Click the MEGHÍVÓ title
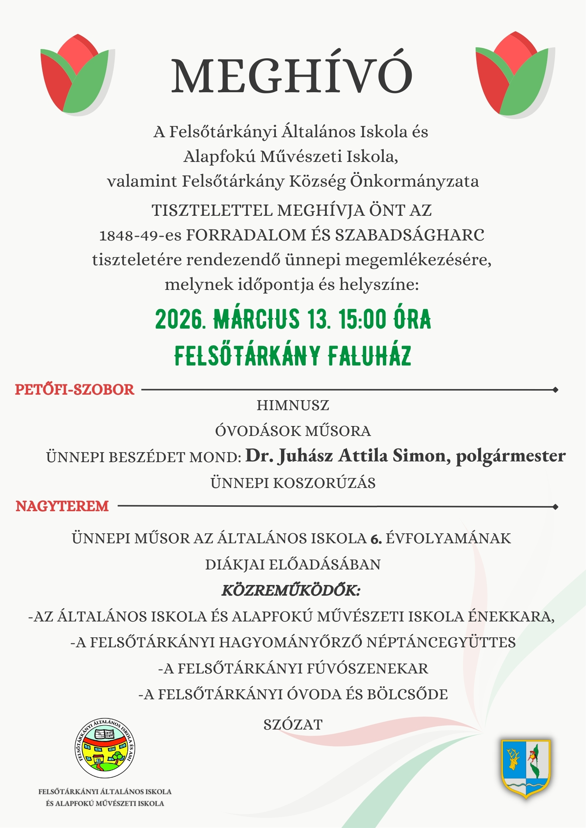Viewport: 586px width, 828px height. (292, 76)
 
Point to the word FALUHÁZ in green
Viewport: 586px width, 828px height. (369, 356)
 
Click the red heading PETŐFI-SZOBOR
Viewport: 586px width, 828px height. (75, 390)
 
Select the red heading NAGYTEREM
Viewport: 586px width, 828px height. (62, 506)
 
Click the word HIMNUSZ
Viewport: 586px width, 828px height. (293, 405)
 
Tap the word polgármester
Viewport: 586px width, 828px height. (511, 456)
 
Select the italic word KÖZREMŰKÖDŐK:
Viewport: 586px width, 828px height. (291, 590)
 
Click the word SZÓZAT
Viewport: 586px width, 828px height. (293, 725)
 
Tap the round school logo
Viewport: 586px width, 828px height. (105, 749)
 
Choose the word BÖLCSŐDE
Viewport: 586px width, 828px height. (407, 694)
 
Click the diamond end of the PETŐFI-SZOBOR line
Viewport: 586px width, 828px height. (555, 390)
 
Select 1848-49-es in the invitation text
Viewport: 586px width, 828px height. (140, 235)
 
